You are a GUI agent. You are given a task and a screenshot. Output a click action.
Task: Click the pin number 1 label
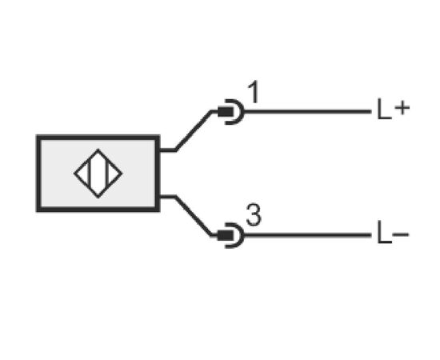254,92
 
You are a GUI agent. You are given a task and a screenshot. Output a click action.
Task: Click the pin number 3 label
254,215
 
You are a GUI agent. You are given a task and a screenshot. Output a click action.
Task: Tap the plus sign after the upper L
402,108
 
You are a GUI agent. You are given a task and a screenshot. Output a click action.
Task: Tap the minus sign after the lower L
401,234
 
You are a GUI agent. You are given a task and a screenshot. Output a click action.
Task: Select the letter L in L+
384,109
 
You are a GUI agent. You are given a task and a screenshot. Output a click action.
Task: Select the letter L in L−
384,232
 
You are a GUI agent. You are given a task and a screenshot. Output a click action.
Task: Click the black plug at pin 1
226,112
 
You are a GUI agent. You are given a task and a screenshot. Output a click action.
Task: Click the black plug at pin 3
226,235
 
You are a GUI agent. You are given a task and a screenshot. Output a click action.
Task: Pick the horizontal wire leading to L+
307,112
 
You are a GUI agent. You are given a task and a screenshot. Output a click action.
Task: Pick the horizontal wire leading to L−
307,235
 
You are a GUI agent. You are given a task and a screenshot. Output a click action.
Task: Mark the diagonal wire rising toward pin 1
194,130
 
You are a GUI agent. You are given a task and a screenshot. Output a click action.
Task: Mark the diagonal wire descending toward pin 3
194,216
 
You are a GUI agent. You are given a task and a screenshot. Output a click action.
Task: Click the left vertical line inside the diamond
90,173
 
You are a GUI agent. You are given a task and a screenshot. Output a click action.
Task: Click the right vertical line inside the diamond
107,173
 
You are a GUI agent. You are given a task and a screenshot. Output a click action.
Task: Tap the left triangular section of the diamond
82,174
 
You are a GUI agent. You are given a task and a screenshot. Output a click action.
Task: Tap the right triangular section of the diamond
114,174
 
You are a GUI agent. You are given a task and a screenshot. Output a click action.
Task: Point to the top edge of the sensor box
98,138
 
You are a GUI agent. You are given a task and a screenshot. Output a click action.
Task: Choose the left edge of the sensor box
39,174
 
